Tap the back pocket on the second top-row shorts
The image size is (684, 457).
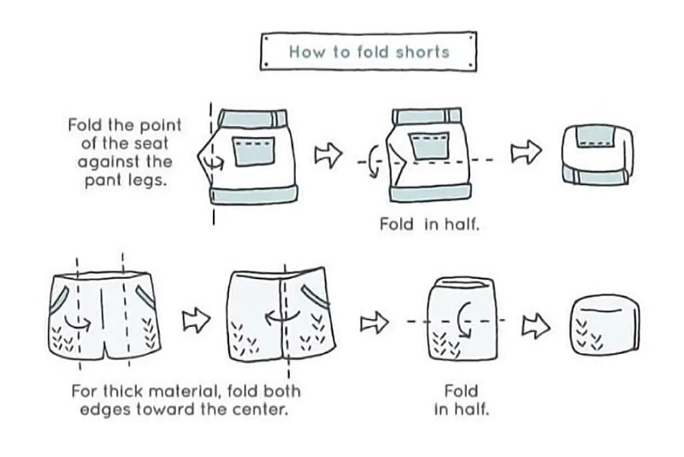tap(427, 147)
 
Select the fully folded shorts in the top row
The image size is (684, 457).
tap(598, 154)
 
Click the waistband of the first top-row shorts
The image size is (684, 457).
tap(251, 116)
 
